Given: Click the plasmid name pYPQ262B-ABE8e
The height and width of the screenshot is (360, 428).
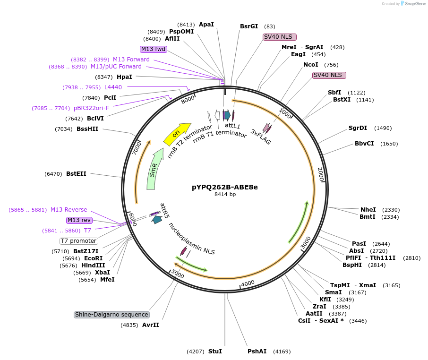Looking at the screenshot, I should click(x=224, y=187).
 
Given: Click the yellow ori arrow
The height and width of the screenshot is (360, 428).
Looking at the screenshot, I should click(x=177, y=134).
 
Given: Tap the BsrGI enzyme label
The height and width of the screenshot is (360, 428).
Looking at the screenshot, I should click(x=249, y=26).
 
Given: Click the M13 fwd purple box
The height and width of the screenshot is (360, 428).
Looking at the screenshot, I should click(x=154, y=49).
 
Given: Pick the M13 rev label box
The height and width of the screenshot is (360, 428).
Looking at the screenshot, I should click(x=79, y=220).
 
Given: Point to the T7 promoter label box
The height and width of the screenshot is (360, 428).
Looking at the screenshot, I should click(x=78, y=241).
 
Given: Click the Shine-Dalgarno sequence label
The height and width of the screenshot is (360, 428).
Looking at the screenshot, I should click(x=111, y=315).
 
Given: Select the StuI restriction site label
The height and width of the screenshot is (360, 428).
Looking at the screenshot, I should click(x=215, y=351).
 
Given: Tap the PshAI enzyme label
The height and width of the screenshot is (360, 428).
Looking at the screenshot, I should click(x=257, y=351).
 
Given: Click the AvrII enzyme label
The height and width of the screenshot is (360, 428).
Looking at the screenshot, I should click(x=151, y=325).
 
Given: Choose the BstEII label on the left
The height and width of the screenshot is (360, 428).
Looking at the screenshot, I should click(x=76, y=174).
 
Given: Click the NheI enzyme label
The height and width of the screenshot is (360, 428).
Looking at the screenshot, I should click(x=368, y=210).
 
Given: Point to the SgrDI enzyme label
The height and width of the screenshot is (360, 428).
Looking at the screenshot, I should click(x=358, y=128).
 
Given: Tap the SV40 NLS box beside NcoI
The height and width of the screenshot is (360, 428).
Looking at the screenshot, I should click(x=329, y=75).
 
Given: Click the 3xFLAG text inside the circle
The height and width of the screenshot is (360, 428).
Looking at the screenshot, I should click(x=261, y=137).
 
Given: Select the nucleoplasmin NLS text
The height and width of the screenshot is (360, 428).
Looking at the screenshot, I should click(x=192, y=239).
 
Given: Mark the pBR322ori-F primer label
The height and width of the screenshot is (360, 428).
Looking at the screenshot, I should click(x=91, y=108).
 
